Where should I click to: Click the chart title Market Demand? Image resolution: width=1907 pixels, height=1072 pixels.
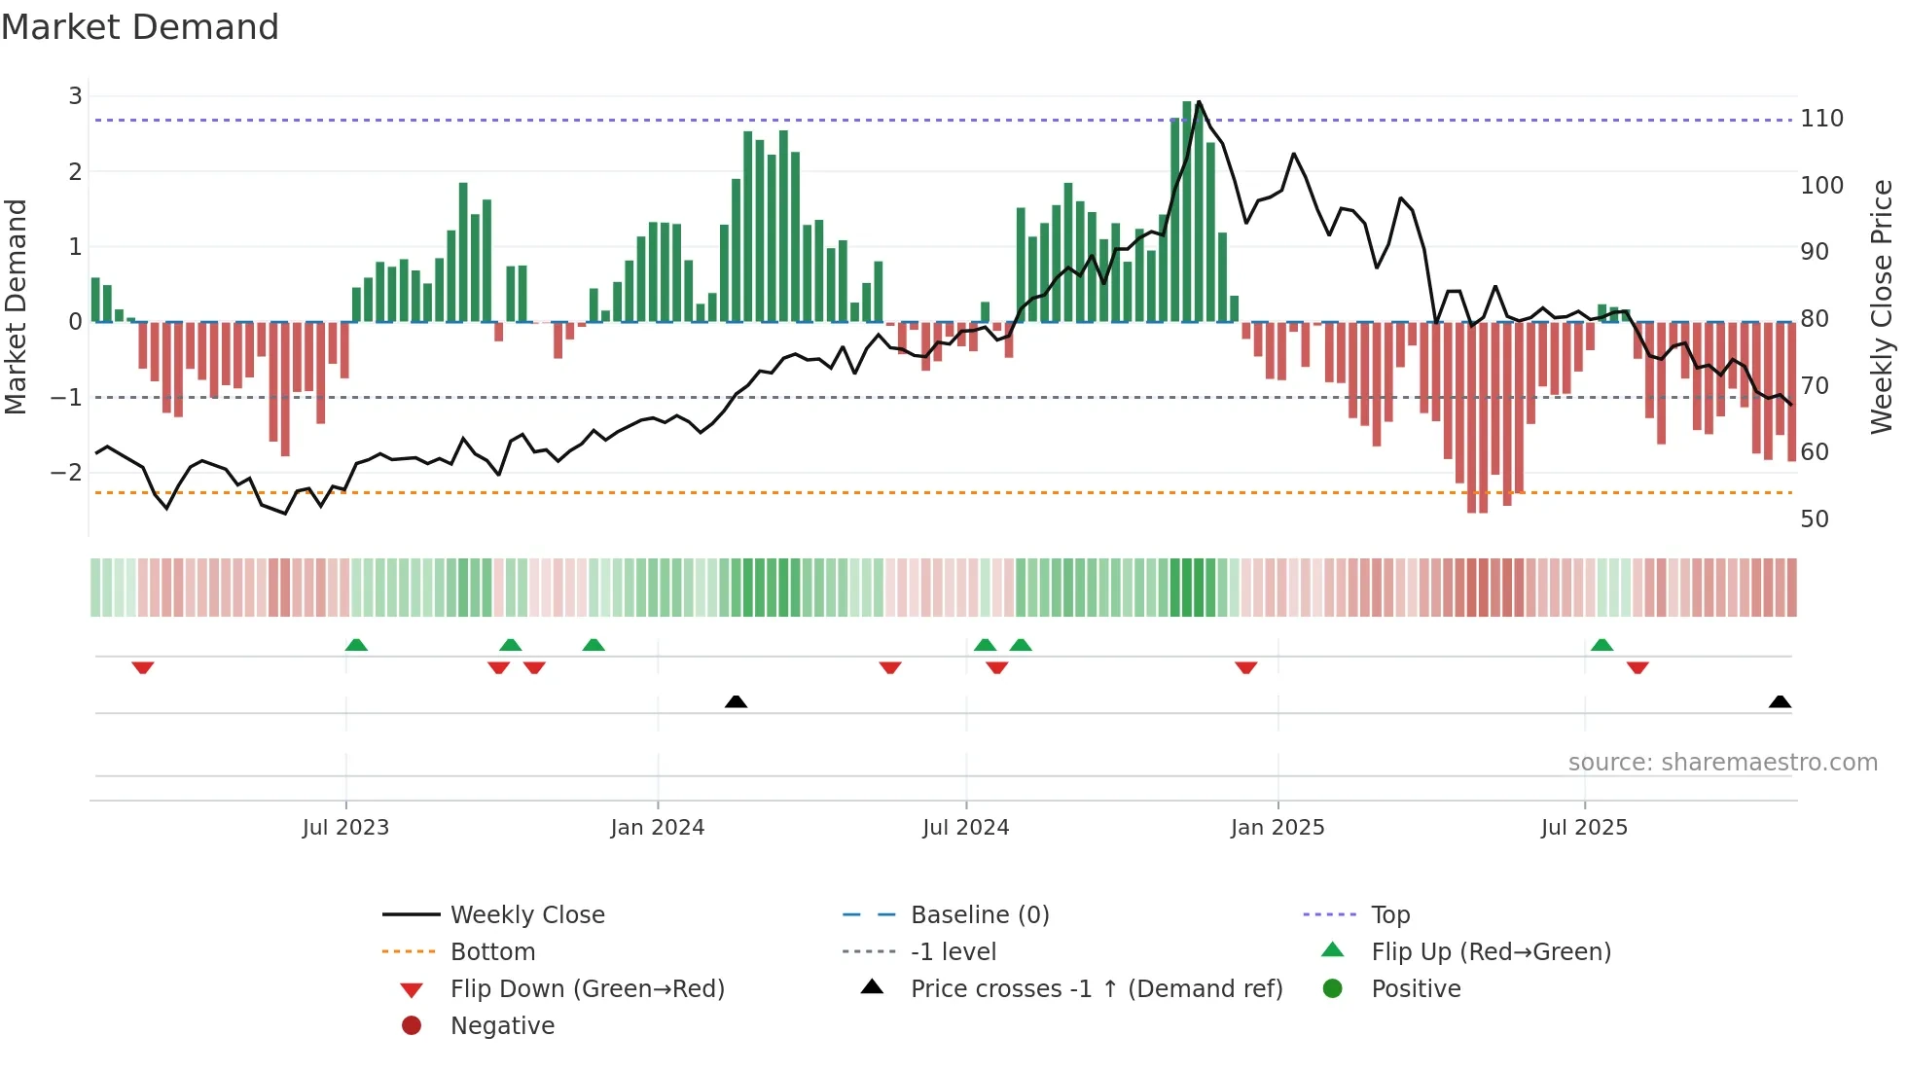coord(140,27)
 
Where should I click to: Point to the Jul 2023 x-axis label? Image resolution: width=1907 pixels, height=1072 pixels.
coord(345,828)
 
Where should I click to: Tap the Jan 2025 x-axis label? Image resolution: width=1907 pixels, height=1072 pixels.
coord(1277,828)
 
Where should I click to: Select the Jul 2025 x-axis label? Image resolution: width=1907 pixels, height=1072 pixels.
coord(1584,828)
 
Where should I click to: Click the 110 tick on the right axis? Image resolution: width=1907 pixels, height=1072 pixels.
coord(1821,119)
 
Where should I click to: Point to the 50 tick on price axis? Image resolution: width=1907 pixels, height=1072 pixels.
coord(1815,519)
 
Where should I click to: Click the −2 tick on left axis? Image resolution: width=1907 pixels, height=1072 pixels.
coord(66,473)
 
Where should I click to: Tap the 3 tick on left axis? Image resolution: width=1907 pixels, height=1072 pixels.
coord(75,96)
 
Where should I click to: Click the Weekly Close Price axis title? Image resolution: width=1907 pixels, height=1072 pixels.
coord(1882,306)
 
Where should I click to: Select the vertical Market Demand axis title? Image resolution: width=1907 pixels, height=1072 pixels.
coord(16,306)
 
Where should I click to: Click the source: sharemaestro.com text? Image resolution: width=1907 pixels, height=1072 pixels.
coord(1722,763)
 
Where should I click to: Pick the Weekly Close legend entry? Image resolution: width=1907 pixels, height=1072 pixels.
coord(526,915)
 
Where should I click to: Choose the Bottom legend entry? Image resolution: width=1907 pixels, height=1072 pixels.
coord(492,952)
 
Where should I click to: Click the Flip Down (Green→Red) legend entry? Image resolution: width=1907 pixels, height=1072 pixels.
coord(587,989)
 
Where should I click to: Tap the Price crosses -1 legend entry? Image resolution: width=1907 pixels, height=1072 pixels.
coord(1096,989)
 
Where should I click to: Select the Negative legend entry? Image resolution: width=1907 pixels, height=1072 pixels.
coord(502,1026)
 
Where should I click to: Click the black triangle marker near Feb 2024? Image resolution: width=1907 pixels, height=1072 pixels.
coord(736,701)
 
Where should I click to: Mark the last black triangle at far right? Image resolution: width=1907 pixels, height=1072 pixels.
coord(1780,701)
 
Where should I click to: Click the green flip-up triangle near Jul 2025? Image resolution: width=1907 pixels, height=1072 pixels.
coord(1601,645)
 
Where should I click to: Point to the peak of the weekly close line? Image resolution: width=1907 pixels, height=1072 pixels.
coord(1199,101)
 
